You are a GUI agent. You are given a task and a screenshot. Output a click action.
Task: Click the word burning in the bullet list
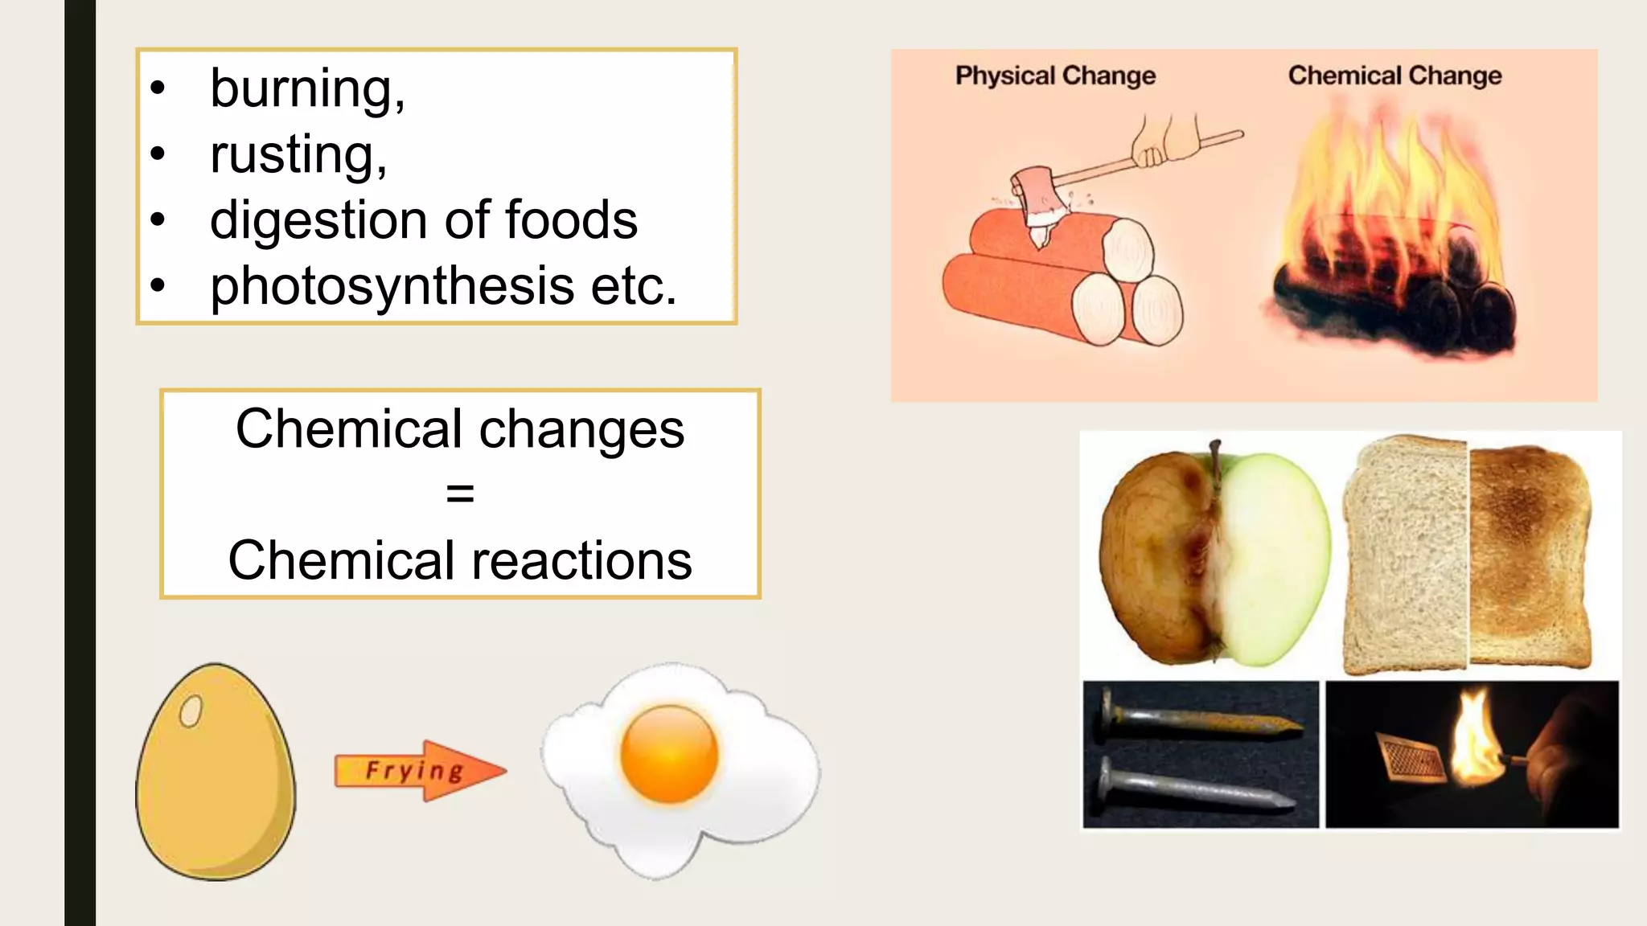click(302, 88)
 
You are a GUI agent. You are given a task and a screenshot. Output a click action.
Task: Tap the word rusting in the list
click(294, 154)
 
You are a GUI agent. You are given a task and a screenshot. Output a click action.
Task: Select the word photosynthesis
click(392, 286)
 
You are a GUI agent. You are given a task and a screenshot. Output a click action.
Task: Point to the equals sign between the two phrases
click(460, 494)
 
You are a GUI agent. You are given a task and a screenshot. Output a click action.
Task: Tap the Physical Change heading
click(1054, 76)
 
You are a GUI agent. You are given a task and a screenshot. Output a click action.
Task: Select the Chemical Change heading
click(1394, 76)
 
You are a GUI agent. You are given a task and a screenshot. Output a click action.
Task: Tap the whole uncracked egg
click(216, 772)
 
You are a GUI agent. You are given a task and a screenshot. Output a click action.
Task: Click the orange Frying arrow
click(418, 771)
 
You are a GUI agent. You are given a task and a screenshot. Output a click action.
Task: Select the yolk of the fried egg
click(669, 752)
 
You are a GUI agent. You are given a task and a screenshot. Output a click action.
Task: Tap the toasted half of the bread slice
click(1528, 555)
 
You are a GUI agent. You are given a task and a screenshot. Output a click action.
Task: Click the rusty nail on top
click(1198, 718)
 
